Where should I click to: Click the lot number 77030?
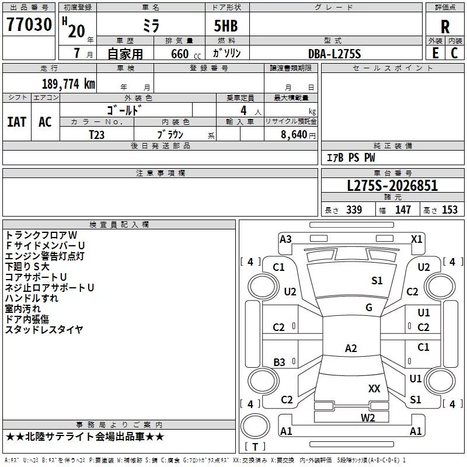click(x=29, y=26)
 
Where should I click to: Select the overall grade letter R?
click(x=445, y=27)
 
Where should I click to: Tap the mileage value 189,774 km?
click(x=68, y=84)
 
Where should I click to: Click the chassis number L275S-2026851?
click(x=392, y=186)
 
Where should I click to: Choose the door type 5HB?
click(x=222, y=27)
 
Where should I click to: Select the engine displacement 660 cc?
click(x=179, y=54)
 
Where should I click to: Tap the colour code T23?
click(x=97, y=134)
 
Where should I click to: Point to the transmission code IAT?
click(x=16, y=121)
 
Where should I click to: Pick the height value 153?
click(x=449, y=210)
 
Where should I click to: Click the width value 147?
click(x=403, y=210)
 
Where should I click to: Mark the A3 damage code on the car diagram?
click(x=285, y=239)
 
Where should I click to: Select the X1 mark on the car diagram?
click(x=417, y=239)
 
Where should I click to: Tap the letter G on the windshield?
click(x=369, y=307)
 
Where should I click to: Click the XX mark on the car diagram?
click(x=374, y=388)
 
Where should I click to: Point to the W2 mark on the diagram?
click(x=368, y=417)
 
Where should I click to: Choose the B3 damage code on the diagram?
click(x=279, y=363)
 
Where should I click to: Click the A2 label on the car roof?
click(x=351, y=348)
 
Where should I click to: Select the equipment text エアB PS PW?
click(x=350, y=158)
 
